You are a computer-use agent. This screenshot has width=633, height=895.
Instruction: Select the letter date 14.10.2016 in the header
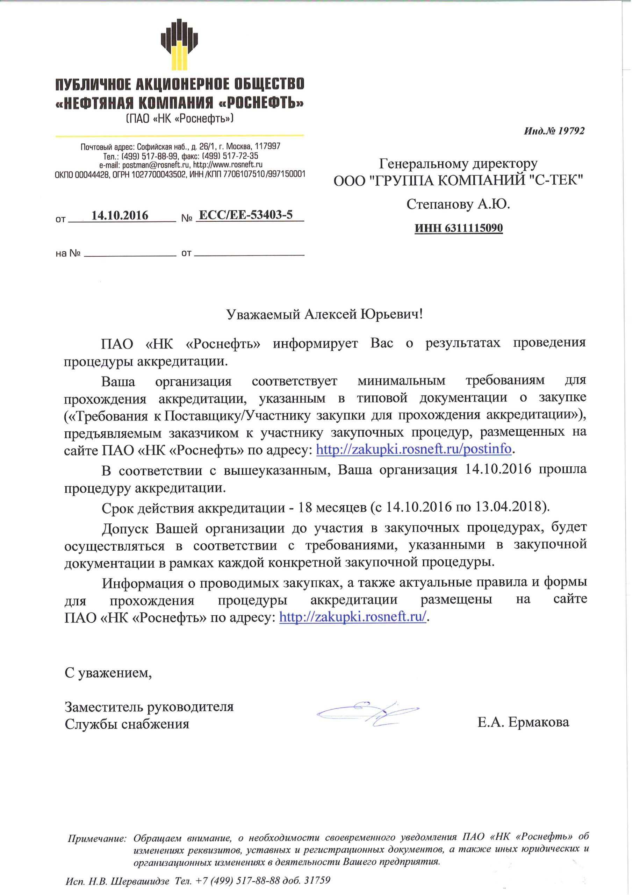[120, 216]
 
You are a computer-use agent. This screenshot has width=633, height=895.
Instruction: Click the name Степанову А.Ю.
[458, 204]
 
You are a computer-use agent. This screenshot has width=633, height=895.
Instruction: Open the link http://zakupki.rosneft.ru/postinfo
[413, 450]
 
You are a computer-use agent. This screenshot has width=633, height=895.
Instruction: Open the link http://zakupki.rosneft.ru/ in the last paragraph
[353, 617]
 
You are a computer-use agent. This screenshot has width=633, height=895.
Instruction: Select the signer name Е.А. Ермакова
[524, 722]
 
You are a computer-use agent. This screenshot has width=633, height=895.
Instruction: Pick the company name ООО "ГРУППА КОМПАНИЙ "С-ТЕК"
[458, 180]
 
